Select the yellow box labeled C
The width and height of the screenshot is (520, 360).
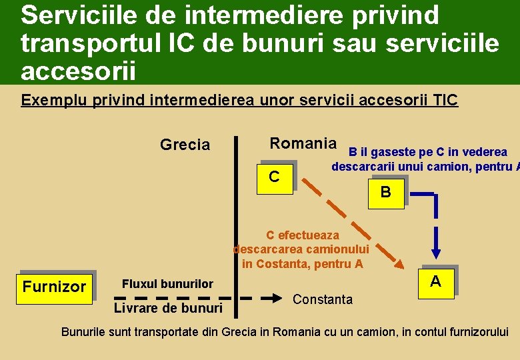274,177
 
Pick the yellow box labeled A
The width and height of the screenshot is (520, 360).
435,281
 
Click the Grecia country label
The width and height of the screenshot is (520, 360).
185,145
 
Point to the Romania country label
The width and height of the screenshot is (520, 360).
303,143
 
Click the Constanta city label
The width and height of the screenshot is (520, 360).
323,299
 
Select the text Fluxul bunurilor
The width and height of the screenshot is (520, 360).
167,284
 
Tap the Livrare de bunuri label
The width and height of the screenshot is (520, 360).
168,308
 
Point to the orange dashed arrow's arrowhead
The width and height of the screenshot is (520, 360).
399,264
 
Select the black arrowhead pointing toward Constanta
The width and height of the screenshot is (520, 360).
274,298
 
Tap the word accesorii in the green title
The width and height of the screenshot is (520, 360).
78,69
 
